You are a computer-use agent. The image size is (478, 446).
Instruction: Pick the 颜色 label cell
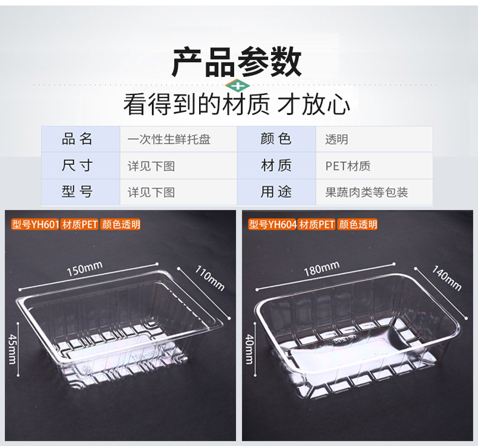tap(276, 139)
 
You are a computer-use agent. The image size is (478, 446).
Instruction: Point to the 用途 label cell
tap(276, 192)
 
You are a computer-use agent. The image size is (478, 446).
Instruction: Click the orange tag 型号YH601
tap(34, 225)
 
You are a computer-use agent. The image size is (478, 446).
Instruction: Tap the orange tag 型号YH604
tap(272, 225)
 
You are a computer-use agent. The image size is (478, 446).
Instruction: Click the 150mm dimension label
tap(84, 267)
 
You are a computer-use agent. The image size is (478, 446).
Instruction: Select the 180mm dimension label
tap(321, 268)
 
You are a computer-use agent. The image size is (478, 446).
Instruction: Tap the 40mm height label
tap(249, 349)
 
